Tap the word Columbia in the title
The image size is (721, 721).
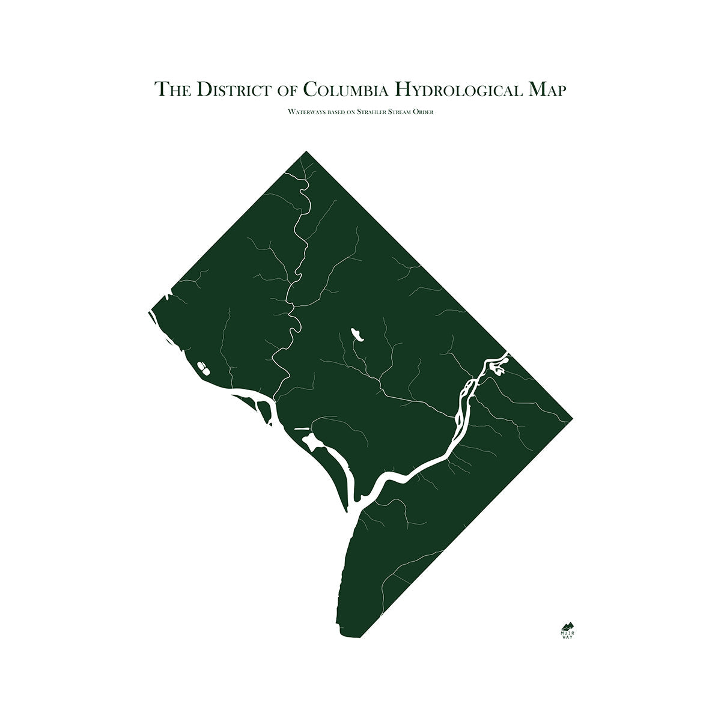342,90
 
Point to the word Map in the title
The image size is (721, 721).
547,90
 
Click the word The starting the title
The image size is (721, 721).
172,90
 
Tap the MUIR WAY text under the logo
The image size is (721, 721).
567,634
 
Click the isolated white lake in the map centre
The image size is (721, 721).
357,334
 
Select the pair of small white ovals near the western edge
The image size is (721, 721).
203,367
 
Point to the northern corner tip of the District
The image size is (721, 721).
306,151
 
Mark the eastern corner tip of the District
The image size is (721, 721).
571,417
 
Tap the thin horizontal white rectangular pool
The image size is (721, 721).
302,429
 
